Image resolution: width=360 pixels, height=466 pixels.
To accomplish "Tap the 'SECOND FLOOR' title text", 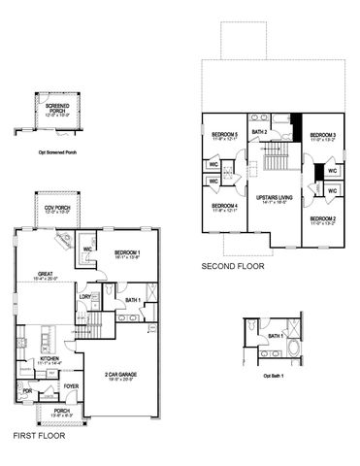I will (231, 265).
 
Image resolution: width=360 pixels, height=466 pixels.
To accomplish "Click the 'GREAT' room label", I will (45, 274).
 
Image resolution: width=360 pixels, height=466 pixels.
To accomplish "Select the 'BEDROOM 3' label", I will (323, 135).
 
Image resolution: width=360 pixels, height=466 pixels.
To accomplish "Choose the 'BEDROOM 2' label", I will (323, 219).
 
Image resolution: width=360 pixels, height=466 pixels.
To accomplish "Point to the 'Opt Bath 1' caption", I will (275, 376).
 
